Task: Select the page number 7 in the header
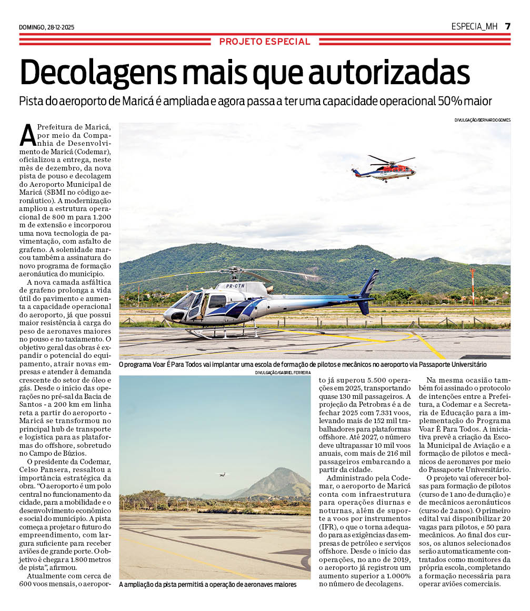(x=507, y=26)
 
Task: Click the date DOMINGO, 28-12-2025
(x=46, y=27)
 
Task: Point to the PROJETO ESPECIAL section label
(x=265, y=42)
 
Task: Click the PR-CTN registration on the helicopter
(x=235, y=286)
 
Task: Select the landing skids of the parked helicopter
(x=221, y=333)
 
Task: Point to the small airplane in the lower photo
(x=223, y=474)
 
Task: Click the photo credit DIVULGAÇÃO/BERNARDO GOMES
(x=482, y=120)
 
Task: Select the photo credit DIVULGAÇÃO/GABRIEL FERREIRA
(x=283, y=373)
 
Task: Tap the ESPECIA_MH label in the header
(x=474, y=26)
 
